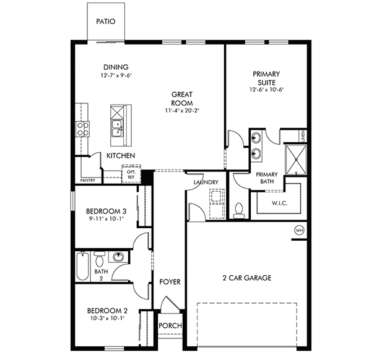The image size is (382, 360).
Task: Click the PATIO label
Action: (x=106, y=21)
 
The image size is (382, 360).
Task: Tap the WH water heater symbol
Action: (x=300, y=231)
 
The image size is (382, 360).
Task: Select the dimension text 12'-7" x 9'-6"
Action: (x=116, y=75)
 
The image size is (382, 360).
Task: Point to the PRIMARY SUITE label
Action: (x=266, y=78)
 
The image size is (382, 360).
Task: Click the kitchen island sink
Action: (x=116, y=128)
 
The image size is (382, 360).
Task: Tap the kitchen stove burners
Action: (x=82, y=128)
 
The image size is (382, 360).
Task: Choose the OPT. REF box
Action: (x=131, y=174)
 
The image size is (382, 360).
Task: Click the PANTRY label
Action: (x=87, y=181)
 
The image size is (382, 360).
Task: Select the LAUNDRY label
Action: (x=205, y=182)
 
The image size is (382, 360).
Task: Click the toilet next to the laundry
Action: (x=240, y=210)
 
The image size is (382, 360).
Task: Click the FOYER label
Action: (x=170, y=282)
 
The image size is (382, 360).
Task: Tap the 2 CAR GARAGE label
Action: (x=247, y=278)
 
